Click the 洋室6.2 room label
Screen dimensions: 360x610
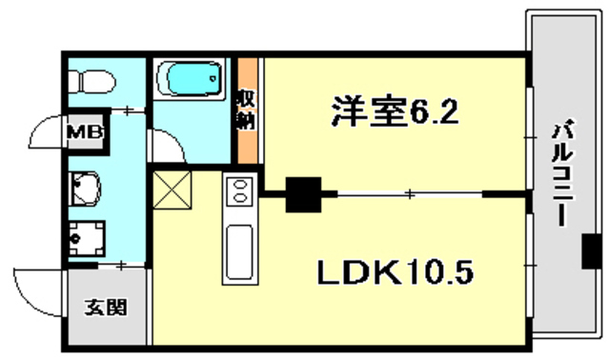pyautogui.click(x=396, y=113)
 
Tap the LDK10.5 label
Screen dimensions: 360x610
pyautogui.click(x=396, y=273)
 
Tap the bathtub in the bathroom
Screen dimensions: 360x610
pyautogui.click(x=190, y=82)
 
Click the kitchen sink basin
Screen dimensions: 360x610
pyautogui.click(x=238, y=251)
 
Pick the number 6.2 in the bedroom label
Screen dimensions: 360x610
pyautogui.click(x=437, y=113)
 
